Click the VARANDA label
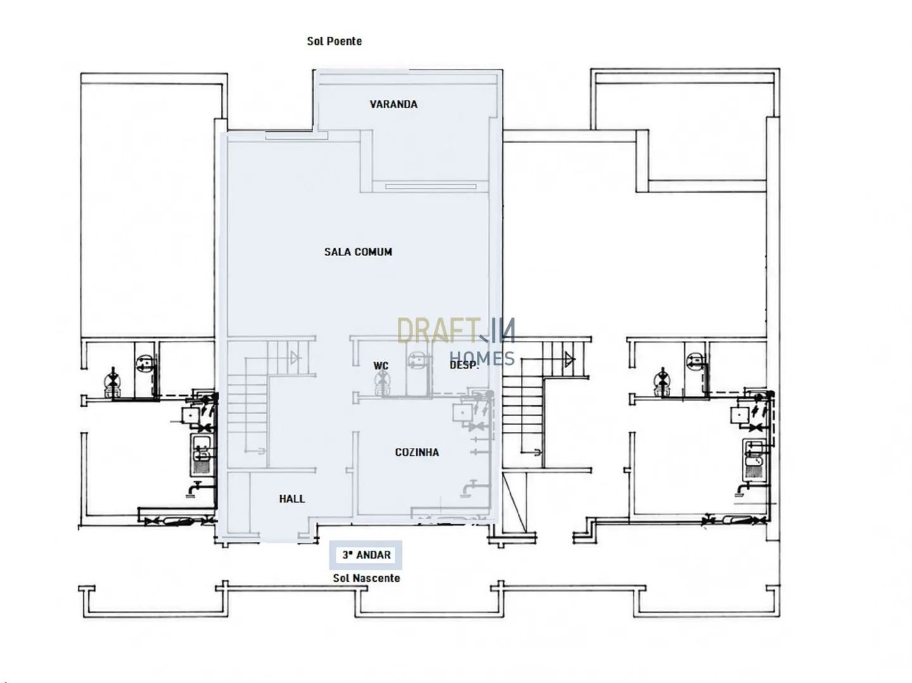393,104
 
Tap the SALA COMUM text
358,252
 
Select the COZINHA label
416,452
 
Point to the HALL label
292,498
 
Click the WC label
380,366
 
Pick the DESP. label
464,365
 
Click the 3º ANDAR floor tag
366,555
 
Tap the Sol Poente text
334,41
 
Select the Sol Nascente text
366,578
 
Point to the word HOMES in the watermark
482,359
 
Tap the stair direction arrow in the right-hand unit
569,359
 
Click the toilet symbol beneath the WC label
380,384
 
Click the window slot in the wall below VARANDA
430,187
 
